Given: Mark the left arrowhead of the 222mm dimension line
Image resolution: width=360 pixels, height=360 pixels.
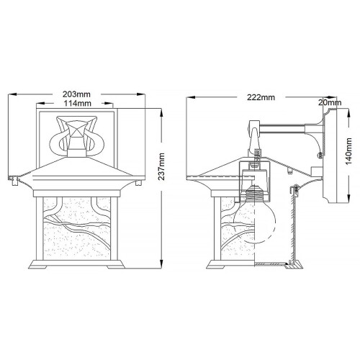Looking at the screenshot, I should click(x=189, y=97).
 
